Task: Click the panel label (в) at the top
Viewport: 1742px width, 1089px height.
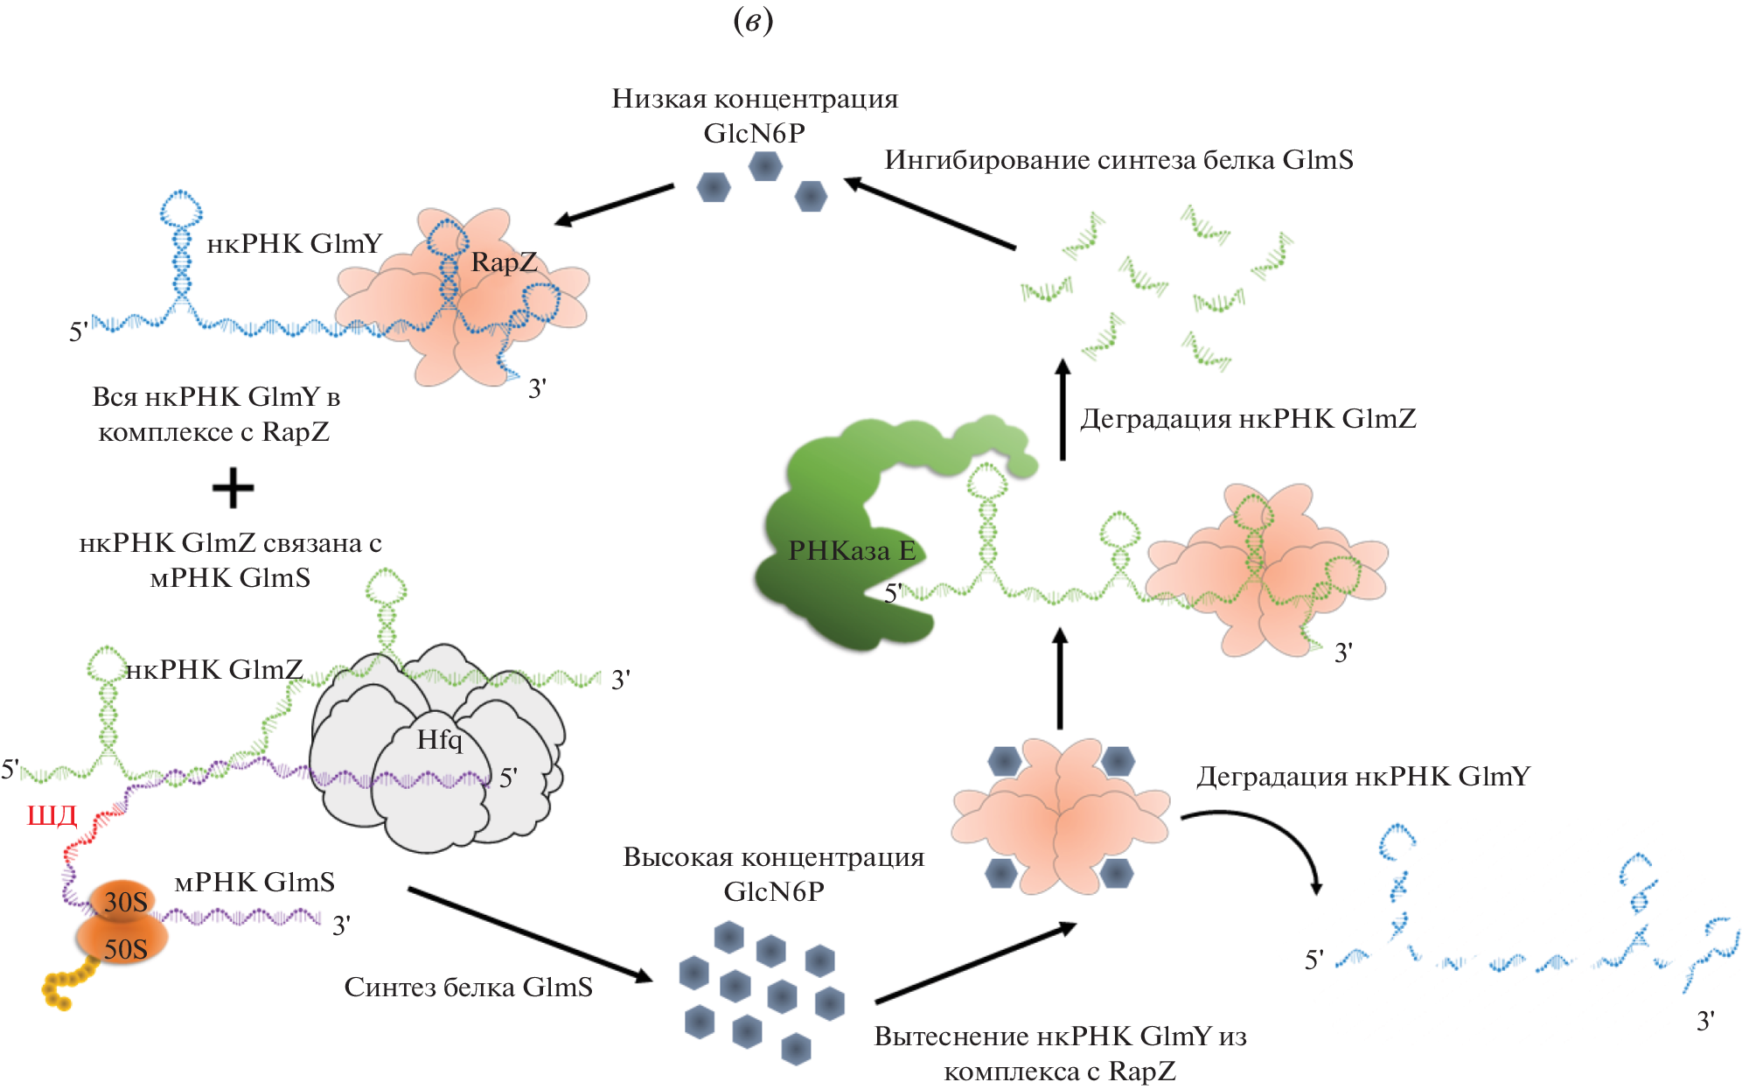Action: [753, 21]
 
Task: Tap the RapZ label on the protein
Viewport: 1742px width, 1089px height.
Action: [504, 262]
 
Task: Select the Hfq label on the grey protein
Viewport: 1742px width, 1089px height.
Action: [439, 740]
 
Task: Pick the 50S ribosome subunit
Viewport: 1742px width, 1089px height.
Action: [124, 948]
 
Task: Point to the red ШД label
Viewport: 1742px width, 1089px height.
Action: [52, 815]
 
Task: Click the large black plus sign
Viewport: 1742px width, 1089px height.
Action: [233, 488]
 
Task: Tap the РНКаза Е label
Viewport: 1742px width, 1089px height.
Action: [851, 550]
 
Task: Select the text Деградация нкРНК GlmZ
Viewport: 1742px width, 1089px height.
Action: [1247, 419]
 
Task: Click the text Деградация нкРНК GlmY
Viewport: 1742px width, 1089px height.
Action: [1362, 776]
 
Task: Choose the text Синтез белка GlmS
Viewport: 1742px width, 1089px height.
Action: [468, 987]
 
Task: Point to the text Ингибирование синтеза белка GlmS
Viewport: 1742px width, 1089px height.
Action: [1118, 160]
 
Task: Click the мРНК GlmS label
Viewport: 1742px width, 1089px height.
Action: [254, 882]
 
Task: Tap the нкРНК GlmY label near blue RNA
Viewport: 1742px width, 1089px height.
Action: [294, 243]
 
